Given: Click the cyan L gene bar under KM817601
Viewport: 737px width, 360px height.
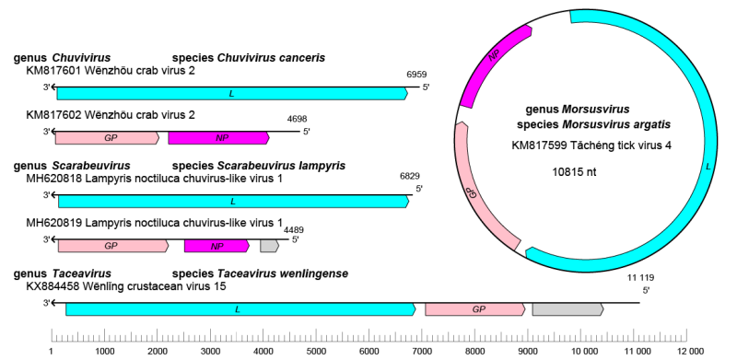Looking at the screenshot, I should click(230, 93).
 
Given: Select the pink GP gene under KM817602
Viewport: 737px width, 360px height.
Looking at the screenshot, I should click(106, 138).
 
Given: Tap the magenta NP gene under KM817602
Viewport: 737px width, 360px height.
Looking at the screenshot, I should click(219, 138).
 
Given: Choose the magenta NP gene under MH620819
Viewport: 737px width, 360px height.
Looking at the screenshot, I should click(217, 246).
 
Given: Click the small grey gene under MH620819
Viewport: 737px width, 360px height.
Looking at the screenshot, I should click(269, 246).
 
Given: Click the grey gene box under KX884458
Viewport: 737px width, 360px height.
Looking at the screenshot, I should click(567, 309).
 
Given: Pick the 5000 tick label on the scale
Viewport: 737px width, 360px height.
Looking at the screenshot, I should click(316, 351).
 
